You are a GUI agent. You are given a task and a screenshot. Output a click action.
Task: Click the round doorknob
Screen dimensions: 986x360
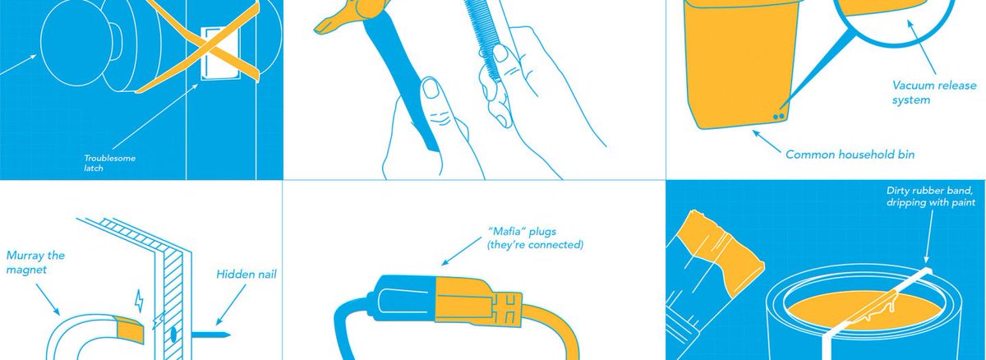pos(76,43)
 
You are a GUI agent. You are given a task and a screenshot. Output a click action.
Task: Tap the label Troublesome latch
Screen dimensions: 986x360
pos(109,163)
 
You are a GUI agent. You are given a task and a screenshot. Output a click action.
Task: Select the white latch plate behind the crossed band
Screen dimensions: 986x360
pos(220,53)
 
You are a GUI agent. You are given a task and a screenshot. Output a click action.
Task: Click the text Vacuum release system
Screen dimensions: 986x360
pos(933,92)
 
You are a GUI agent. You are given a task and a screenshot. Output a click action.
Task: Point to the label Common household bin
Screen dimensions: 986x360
pos(850,155)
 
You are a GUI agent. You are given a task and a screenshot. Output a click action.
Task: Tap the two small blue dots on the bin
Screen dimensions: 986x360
pos(779,117)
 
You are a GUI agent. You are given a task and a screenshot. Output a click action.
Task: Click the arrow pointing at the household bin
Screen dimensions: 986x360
pos(767,141)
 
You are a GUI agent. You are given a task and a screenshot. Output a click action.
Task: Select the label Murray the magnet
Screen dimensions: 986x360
pos(35,262)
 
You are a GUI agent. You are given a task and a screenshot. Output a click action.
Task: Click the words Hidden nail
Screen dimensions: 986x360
pos(246,275)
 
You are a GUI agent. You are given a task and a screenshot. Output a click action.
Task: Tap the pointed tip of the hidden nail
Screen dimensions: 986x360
pos(230,335)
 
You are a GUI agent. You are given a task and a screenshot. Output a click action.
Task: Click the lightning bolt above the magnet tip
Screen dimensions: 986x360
pos(139,301)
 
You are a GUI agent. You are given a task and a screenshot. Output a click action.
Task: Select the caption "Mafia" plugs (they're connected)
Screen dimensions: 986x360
pos(535,238)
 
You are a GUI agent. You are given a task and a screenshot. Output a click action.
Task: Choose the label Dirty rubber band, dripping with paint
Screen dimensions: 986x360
pos(930,196)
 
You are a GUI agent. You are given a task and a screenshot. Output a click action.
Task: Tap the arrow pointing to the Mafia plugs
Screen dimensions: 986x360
pos(461,251)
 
